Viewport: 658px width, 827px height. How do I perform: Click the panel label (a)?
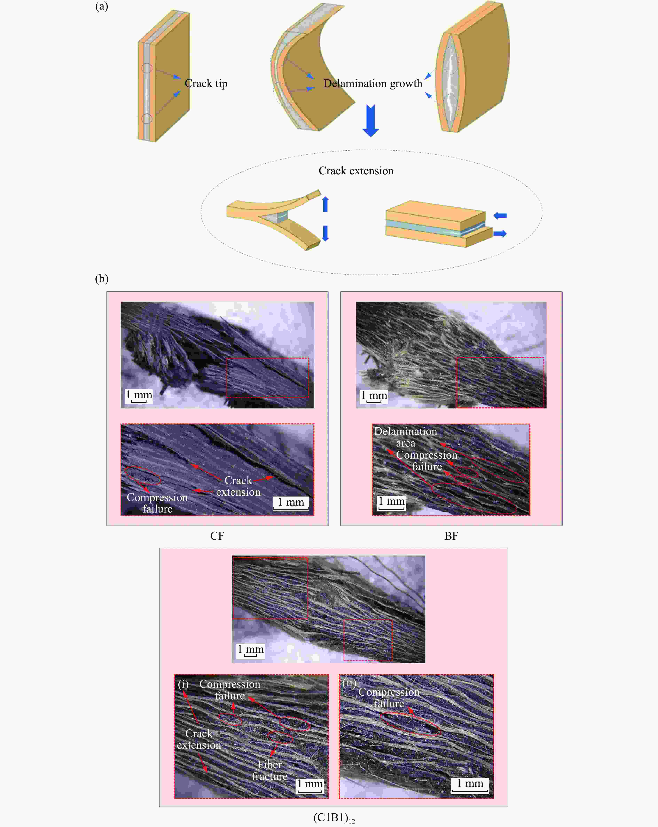pyautogui.click(x=102, y=6)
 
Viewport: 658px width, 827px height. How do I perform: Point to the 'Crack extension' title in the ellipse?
pyautogui.click(x=356, y=171)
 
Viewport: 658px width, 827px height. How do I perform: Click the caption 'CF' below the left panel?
pyautogui.click(x=217, y=536)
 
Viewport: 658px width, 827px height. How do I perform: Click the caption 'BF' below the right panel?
pyautogui.click(x=451, y=536)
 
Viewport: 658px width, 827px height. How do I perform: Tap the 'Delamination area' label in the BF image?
pyautogui.click(x=406, y=437)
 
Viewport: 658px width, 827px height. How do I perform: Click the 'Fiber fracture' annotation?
pyautogui.click(x=270, y=770)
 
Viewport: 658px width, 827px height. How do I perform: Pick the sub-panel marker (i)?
pyautogui.click(x=183, y=684)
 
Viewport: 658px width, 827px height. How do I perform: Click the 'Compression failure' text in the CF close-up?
pyautogui.click(x=157, y=503)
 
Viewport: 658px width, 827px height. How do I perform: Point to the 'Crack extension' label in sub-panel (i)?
pyautogui.click(x=199, y=739)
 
